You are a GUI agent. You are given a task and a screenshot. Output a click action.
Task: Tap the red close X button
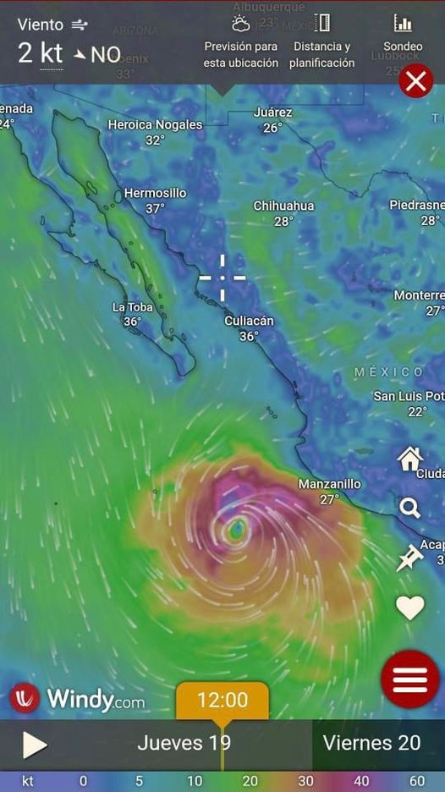point(415,81)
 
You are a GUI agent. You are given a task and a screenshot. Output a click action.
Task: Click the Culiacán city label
point(249,321)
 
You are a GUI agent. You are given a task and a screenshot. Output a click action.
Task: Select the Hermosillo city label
point(155,193)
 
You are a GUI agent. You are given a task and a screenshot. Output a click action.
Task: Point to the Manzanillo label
point(329,484)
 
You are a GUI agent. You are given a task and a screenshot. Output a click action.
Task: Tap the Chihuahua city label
point(283,206)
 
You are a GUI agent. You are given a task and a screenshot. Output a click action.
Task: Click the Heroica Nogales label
point(155,124)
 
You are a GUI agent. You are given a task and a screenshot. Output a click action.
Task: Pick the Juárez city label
point(272,112)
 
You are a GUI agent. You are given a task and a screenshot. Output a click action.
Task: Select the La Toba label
point(132,307)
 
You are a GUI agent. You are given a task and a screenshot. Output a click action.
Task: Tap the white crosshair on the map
point(222,278)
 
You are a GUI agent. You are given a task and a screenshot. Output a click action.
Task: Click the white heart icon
point(410,608)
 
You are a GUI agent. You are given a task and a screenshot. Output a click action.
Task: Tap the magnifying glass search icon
point(410,508)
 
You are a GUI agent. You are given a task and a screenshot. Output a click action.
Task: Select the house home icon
point(410,459)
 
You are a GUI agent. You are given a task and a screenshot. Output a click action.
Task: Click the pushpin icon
point(410,558)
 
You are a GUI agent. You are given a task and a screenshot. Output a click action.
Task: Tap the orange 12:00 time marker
point(222,701)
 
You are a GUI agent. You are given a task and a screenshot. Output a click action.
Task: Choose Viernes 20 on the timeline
point(371,743)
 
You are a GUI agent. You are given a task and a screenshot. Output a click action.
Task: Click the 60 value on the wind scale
point(416,781)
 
